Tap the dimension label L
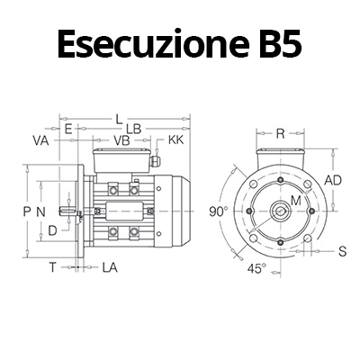[x=120, y=117]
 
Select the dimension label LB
[x=132, y=130]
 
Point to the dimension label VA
[x=40, y=141]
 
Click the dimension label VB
[x=121, y=141]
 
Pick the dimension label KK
[x=175, y=141]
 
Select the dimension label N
[x=40, y=211]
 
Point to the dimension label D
[x=53, y=230]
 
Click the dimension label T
[x=52, y=267]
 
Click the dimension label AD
[x=332, y=180]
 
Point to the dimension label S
[x=342, y=251]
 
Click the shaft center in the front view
[x=281, y=211]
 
